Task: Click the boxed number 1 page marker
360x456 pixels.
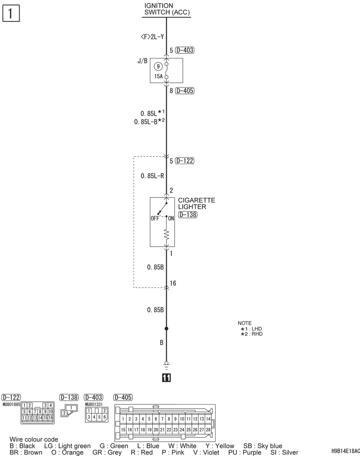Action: tap(11, 14)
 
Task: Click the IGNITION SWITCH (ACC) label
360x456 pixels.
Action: tap(167, 9)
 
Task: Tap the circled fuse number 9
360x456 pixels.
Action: tap(158, 67)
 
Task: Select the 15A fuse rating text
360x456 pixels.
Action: tap(158, 77)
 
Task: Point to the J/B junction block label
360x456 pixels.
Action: tap(142, 61)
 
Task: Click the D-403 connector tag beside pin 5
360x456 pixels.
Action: tap(185, 50)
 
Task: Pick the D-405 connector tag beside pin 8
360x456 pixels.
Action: tap(185, 91)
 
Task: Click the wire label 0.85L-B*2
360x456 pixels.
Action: tap(149, 122)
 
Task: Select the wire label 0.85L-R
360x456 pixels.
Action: tap(152, 176)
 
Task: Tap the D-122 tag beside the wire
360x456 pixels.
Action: tap(185, 161)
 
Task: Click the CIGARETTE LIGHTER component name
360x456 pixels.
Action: tap(196, 203)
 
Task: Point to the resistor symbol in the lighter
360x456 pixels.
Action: tap(166, 234)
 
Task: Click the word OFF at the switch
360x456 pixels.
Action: tap(155, 218)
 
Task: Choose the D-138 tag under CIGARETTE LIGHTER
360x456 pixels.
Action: tap(188, 215)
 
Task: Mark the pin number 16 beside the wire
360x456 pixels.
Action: tap(173, 283)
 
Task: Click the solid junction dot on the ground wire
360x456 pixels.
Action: tap(166, 329)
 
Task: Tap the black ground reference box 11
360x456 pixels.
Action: tap(166, 378)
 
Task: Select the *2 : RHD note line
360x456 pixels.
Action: tap(252, 334)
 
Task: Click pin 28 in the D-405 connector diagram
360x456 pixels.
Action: tap(208, 430)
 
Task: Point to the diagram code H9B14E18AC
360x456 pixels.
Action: tap(345, 451)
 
